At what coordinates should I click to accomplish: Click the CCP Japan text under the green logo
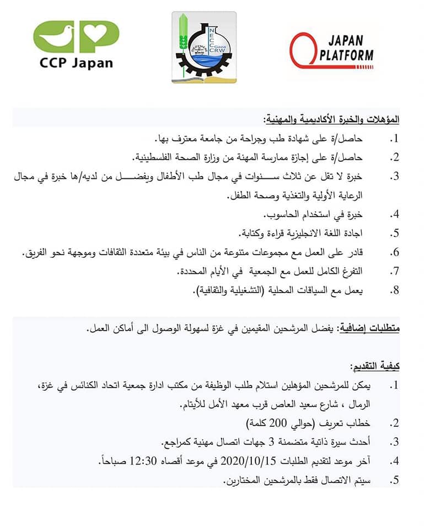[76, 62]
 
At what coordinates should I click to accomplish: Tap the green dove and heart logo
[76, 36]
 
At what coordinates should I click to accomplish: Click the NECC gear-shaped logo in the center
[204, 47]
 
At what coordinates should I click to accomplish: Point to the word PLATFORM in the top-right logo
[346, 54]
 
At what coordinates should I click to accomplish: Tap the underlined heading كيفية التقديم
[374, 367]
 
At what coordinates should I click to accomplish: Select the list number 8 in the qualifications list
[394, 290]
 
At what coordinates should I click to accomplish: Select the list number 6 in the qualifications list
[394, 252]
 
